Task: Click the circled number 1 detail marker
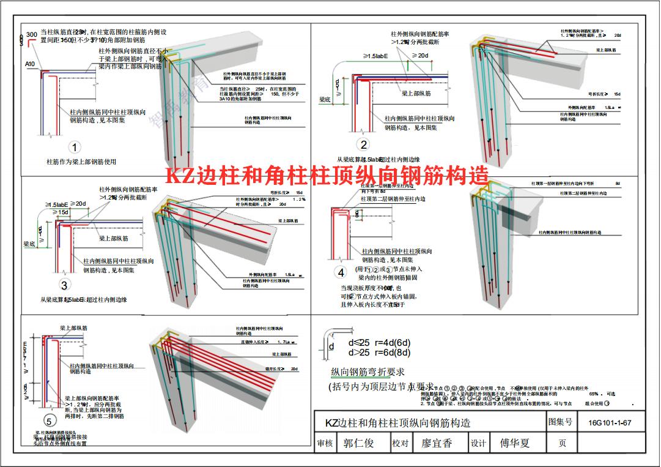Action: point(75,148)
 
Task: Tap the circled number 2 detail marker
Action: point(364,145)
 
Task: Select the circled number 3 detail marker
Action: point(64,285)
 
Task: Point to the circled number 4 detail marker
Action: point(341,272)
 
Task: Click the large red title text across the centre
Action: point(328,177)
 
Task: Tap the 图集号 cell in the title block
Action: point(561,422)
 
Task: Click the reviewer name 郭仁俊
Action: point(358,443)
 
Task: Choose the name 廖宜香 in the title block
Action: point(437,443)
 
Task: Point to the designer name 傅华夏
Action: point(515,443)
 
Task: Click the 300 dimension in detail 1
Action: point(31,34)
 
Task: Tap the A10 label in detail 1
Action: point(30,64)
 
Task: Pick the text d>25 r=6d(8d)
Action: point(379,353)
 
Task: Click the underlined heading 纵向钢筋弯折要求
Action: point(367,372)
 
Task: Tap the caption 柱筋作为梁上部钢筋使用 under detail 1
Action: point(81,162)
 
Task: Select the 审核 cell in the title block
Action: point(324,443)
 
